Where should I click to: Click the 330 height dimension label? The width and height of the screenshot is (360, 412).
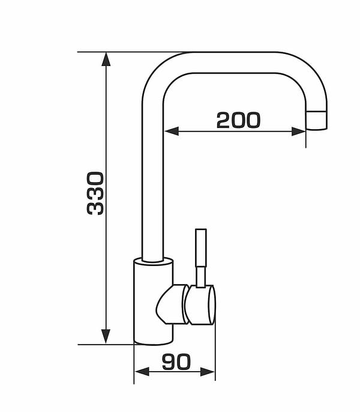coord(95,193)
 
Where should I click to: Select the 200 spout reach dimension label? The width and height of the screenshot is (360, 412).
coord(238,120)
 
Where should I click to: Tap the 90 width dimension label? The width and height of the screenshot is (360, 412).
coord(176,362)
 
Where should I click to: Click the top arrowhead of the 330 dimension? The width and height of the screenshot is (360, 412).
coord(106,59)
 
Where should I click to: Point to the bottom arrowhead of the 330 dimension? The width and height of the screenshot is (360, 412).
coord(106,336)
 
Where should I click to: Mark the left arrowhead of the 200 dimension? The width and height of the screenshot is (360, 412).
coord(171,131)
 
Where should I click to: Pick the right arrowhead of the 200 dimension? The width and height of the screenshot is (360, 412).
coord(299,131)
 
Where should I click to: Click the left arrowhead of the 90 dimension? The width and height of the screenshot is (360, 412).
coord(142,372)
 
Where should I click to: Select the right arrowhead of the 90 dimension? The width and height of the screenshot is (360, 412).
coord(208,372)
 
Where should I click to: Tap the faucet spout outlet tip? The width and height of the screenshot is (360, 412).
coord(316,121)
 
